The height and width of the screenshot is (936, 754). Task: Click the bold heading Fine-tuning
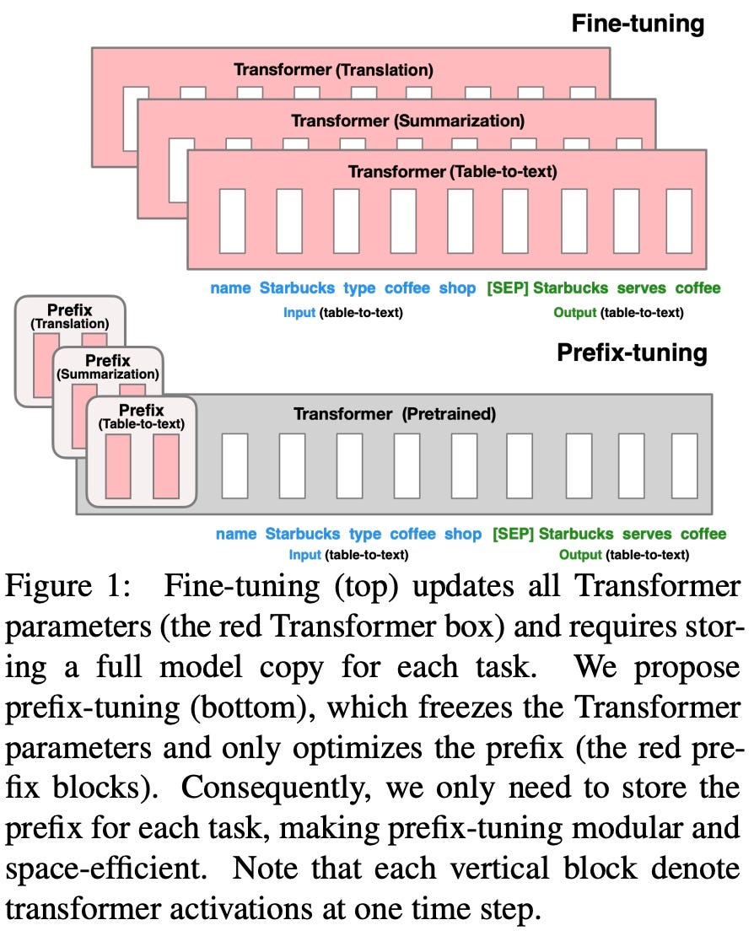pyautogui.click(x=638, y=23)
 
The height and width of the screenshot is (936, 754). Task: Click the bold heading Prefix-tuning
pyautogui.click(x=632, y=352)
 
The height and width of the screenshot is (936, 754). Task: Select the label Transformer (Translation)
pyautogui.click(x=333, y=70)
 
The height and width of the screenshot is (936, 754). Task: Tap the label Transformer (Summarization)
pyautogui.click(x=407, y=121)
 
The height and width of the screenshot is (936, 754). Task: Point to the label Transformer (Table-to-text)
pyautogui.click(x=452, y=172)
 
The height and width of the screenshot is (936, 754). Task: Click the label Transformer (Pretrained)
pyautogui.click(x=395, y=414)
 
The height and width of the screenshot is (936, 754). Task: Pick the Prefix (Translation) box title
pyautogui.click(x=70, y=316)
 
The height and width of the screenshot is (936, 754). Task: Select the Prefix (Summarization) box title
pyautogui.click(x=107, y=367)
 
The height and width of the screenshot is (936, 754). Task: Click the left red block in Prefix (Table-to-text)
pyautogui.click(x=119, y=466)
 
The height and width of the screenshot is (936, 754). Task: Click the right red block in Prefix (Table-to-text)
pyautogui.click(x=166, y=466)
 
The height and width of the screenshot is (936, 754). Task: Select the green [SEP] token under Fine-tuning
pyautogui.click(x=507, y=288)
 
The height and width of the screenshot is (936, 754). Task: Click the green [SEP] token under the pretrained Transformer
pyautogui.click(x=513, y=534)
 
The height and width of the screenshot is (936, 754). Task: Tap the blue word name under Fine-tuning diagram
pyautogui.click(x=230, y=288)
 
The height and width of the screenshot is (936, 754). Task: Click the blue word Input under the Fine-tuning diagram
pyautogui.click(x=299, y=313)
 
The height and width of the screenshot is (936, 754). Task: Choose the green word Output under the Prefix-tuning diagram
pyautogui.click(x=580, y=555)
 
